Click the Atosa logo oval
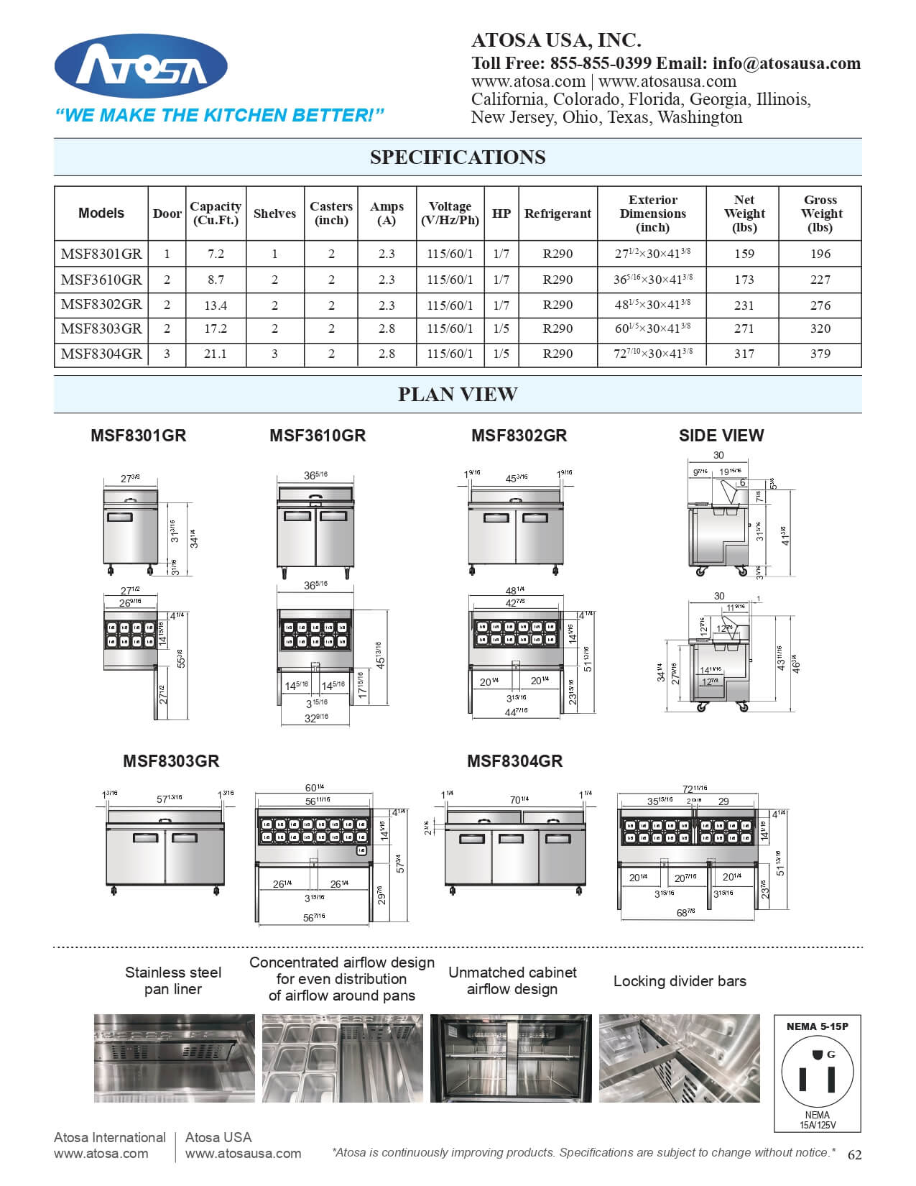click(141, 67)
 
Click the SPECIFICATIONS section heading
click(458, 157)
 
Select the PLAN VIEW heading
click(458, 395)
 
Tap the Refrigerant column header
click(558, 213)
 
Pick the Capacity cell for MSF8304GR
click(216, 354)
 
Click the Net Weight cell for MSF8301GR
click(744, 254)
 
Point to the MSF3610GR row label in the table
click(101, 280)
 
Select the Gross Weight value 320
click(820, 328)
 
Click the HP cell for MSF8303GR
click(501, 328)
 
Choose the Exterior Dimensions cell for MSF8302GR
click(652, 305)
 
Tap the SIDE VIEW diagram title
click(721, 436)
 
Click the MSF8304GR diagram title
click(514, 761)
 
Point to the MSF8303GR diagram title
click(171, 761)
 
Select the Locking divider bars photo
click(680, 1058)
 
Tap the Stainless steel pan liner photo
click(174, 1058)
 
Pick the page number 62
click(854, 1155)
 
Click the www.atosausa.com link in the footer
click(243, 1154)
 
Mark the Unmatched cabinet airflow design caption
click(512, 980)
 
